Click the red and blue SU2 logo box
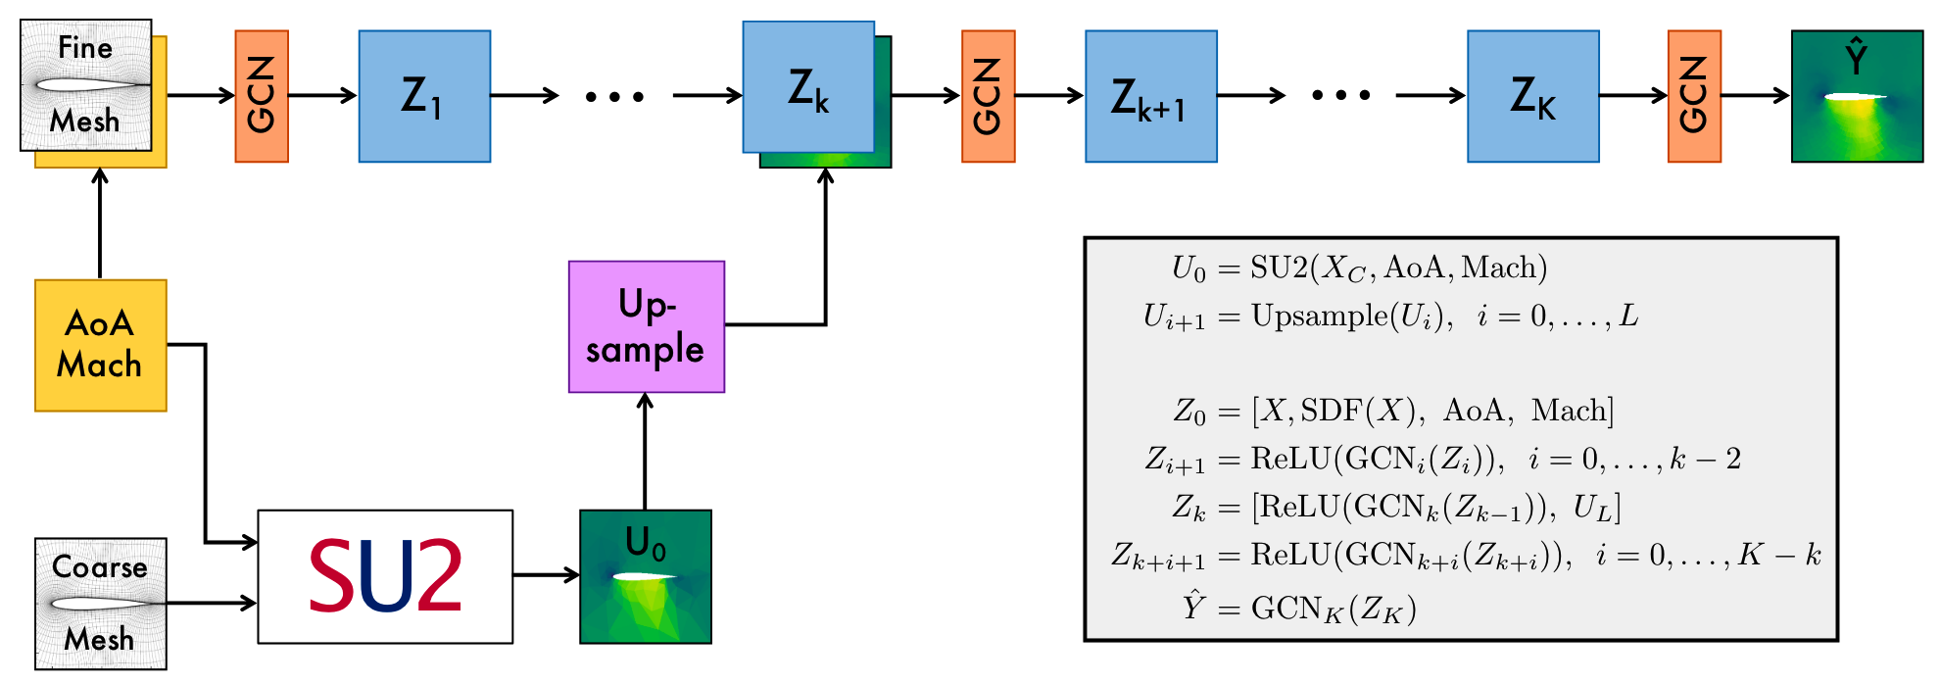385,576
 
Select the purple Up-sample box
646,326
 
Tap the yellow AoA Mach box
100,345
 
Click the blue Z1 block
424,96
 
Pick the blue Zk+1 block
1150,96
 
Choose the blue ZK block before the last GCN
1532,96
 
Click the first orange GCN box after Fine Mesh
262,96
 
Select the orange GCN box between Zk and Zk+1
988,96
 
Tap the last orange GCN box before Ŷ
1694,96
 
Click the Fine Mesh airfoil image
86,85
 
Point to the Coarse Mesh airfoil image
100,604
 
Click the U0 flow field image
646,576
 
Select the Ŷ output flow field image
1857,96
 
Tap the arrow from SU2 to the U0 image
546,575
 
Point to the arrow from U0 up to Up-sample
645,451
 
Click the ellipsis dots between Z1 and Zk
614,96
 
